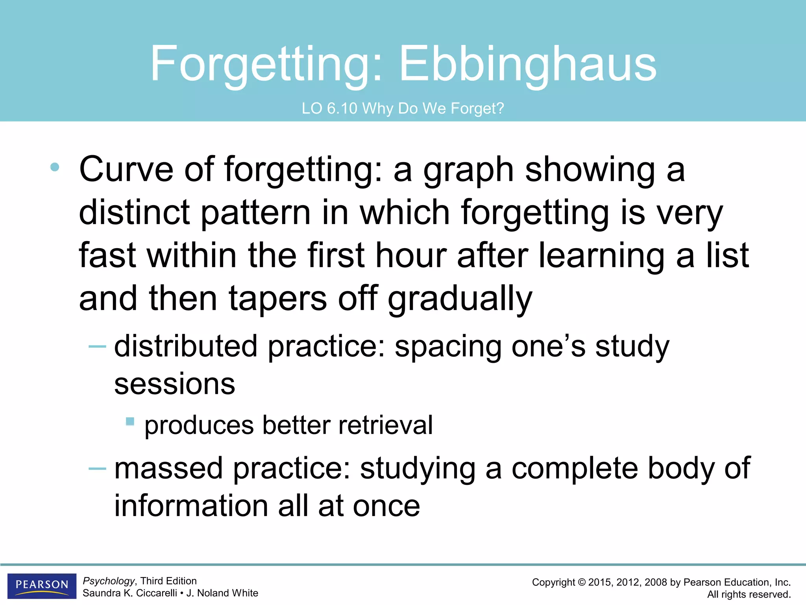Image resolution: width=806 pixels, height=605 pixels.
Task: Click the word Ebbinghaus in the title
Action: [x=528, y=64]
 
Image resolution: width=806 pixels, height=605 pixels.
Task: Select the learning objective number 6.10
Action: [x=342, y=108]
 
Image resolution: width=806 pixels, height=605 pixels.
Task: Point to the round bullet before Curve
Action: [x=55, y=167]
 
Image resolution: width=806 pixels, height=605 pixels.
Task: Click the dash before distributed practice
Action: [x=97, y=347]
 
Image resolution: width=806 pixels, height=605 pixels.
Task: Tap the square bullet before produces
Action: [x=130, y=422]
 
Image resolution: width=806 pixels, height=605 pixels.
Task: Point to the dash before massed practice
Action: [x=97, y=468]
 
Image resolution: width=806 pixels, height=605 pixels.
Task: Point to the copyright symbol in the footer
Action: [x=581, y=583]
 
